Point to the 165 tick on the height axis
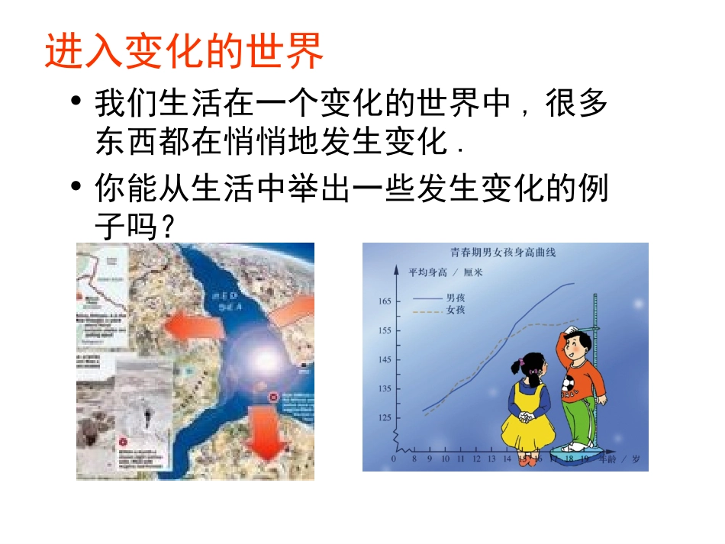(x=383, y=301)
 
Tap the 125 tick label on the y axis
(x=383, y=417)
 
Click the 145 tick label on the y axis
(x=383, y=359)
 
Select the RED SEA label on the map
(x=227, y=298)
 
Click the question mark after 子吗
(x=163, y=227)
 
